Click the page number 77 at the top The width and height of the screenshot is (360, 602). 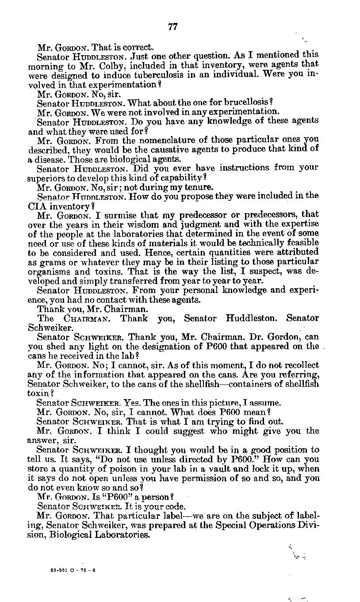tap(173, 27)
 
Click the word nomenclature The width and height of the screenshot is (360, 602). tap(152, 140)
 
